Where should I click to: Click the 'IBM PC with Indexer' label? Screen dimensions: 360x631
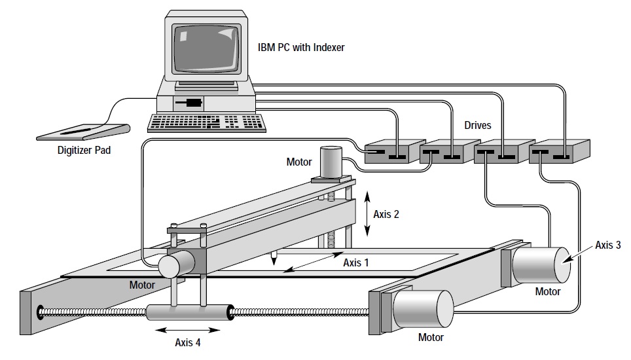[301, 47]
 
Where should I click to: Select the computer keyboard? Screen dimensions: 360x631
[207, 122]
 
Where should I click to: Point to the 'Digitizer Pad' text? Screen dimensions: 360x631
[84, 151]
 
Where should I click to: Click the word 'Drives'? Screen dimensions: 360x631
[478, 125]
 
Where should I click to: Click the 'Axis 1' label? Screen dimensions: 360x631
[355, 262]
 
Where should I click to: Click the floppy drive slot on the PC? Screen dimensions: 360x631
[190, 103]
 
